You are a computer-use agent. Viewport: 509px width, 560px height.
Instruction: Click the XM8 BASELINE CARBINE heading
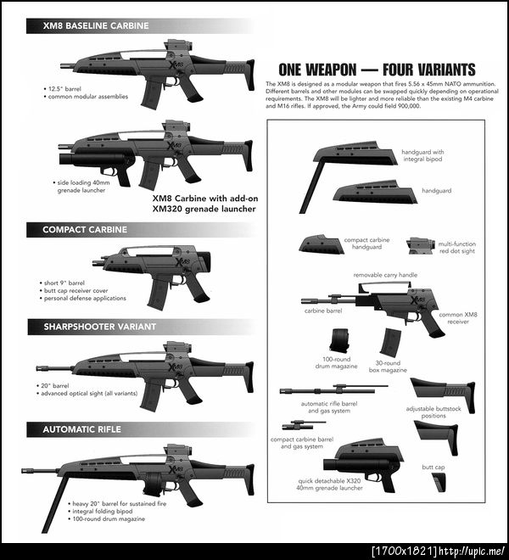[x=96, y=25]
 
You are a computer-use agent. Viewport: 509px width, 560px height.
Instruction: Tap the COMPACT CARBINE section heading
[x=85, y=230]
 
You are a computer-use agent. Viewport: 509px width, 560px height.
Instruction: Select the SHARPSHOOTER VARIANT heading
[x=99, y=327]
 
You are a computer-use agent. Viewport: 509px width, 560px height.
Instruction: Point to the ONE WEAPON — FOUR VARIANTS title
[x=377, y=70]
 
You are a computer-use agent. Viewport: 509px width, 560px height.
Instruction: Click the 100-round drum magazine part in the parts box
[x=338, y=340]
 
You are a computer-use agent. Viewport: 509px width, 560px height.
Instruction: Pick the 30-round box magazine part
[x=390, y=343]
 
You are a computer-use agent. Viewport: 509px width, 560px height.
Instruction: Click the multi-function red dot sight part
[x=421, y=246]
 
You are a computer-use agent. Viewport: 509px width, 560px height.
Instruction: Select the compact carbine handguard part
[x=322, y=244]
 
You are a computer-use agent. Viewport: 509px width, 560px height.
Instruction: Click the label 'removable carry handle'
[x=385, y=275]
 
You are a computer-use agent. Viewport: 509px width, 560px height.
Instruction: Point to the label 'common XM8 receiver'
[x=458, y=318]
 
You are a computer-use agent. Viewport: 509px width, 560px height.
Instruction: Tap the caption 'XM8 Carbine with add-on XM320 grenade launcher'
[x=205, y=204]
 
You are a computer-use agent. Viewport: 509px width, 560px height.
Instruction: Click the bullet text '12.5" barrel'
[x=64, y=89]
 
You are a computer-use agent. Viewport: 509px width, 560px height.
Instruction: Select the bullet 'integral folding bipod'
[x=102, y=512]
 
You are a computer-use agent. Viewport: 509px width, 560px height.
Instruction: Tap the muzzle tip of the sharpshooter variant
[x=37, y=368]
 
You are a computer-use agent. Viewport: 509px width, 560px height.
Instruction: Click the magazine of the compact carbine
[x=158, y=294]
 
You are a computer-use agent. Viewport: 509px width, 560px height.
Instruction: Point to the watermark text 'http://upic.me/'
[x=472, y=552]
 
